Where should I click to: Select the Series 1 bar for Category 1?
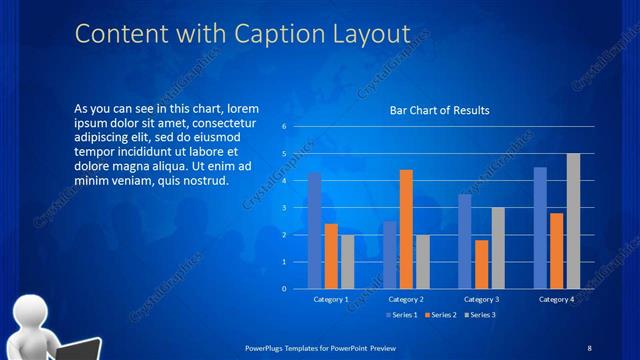pyautogui.click(x=315, y=230)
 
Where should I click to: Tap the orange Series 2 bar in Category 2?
pyautogui.click(x=406, y=229)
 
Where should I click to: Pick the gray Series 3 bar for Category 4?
pyautogui.click(x=573, y=221)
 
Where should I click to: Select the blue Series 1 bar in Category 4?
pyautogui.click(x=540, y=228)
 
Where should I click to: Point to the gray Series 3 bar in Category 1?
pyautogui.click(x=347, y=262)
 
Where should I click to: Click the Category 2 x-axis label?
pyautogui.click(x=406, y=299)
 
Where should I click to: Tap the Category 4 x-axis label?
pyautogui.click(x=556, y=299)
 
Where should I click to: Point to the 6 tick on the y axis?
pyautogui.click(x=284, y=127)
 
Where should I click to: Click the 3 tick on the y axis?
pyautogui.click(x=284, y=208)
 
